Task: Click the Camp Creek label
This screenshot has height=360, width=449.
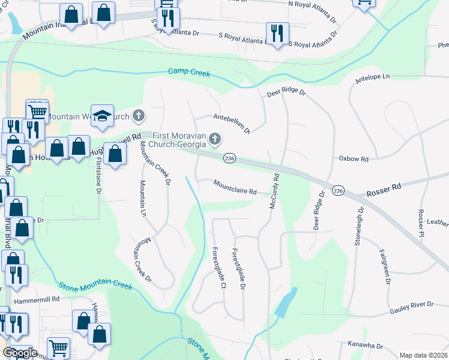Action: (x=189, y=72)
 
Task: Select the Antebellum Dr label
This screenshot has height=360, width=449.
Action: (x=231, y=122)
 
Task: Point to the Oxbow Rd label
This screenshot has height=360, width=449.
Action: (x=353, y=159)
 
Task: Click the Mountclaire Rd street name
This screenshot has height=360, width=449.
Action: (x=235, y=187)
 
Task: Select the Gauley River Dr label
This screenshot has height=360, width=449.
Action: (x=411, y=305)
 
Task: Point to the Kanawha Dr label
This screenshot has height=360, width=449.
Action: (x=365, y=346)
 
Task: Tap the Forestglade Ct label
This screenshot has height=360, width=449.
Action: (x=218, y=268)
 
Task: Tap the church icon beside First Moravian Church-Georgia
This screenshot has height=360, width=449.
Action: (x=215, y=140)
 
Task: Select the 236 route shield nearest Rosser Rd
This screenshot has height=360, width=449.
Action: (x=338, y=190)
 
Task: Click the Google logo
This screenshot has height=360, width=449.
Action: (x=19, y=353)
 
